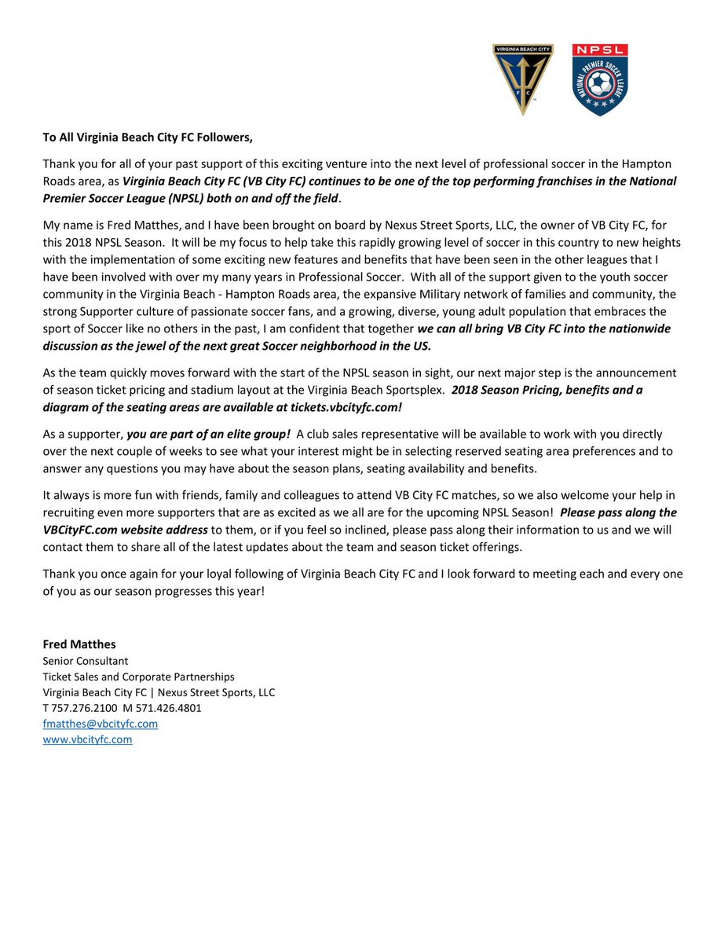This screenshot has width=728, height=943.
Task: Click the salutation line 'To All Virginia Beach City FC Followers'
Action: point(148,138)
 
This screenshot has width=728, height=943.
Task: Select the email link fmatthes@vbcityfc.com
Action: point(100,724)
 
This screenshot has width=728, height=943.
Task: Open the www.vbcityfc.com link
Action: point(87,739)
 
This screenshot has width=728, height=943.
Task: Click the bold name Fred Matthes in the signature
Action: point(79,644)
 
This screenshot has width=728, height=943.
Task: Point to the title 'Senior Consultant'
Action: point(85,661)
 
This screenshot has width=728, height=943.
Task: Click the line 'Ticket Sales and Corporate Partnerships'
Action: point(138,677)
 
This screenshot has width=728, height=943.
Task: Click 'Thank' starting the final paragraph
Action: point(58,574)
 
